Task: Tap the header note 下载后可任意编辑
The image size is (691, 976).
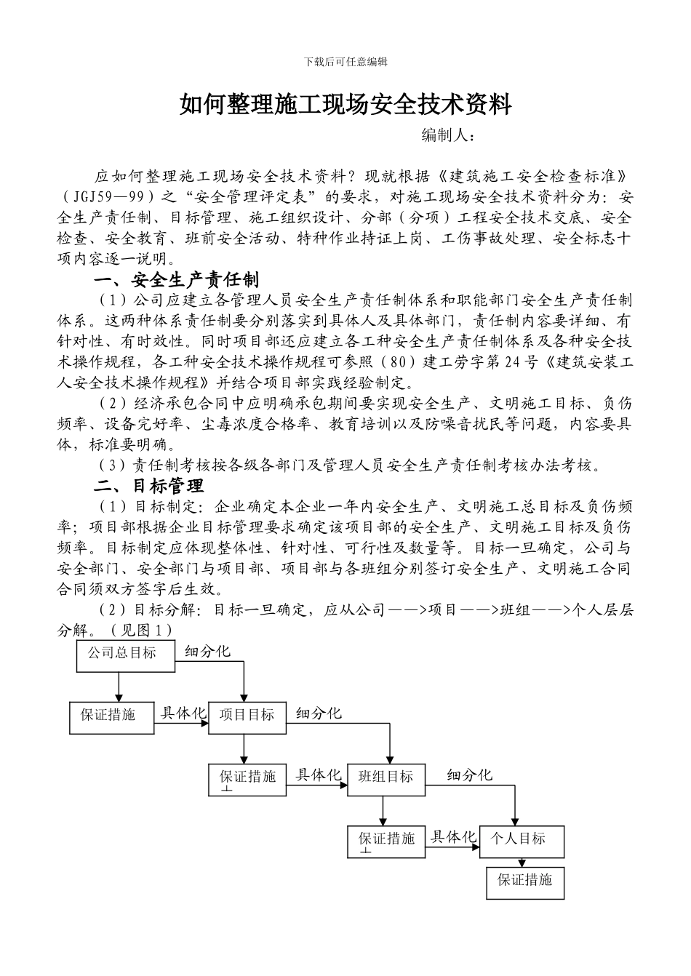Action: (x=345, y=62)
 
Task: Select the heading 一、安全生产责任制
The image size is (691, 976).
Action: (x=177, y=279)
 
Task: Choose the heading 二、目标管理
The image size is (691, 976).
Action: (x=149, y=485)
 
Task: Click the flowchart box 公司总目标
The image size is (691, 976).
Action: (x=126, y=654)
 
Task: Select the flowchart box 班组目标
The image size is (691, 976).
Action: (x=385, y=777)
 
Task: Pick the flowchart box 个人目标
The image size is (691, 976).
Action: (x=521, y=839)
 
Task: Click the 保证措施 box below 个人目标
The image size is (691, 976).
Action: (x=525, y=880)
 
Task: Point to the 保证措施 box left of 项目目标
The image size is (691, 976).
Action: (x=111, y=716)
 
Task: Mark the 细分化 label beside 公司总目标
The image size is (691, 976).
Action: (x=208, y=652)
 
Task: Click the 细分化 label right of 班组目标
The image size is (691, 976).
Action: (x=469, y=775)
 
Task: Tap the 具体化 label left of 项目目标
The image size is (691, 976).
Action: (x=183, y=713)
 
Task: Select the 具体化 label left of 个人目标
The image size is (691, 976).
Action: (x=453, y=837)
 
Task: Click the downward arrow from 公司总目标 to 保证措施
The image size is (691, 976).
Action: (x=119, y=687)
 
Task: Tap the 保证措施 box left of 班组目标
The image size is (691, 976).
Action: (x=249, y=779)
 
